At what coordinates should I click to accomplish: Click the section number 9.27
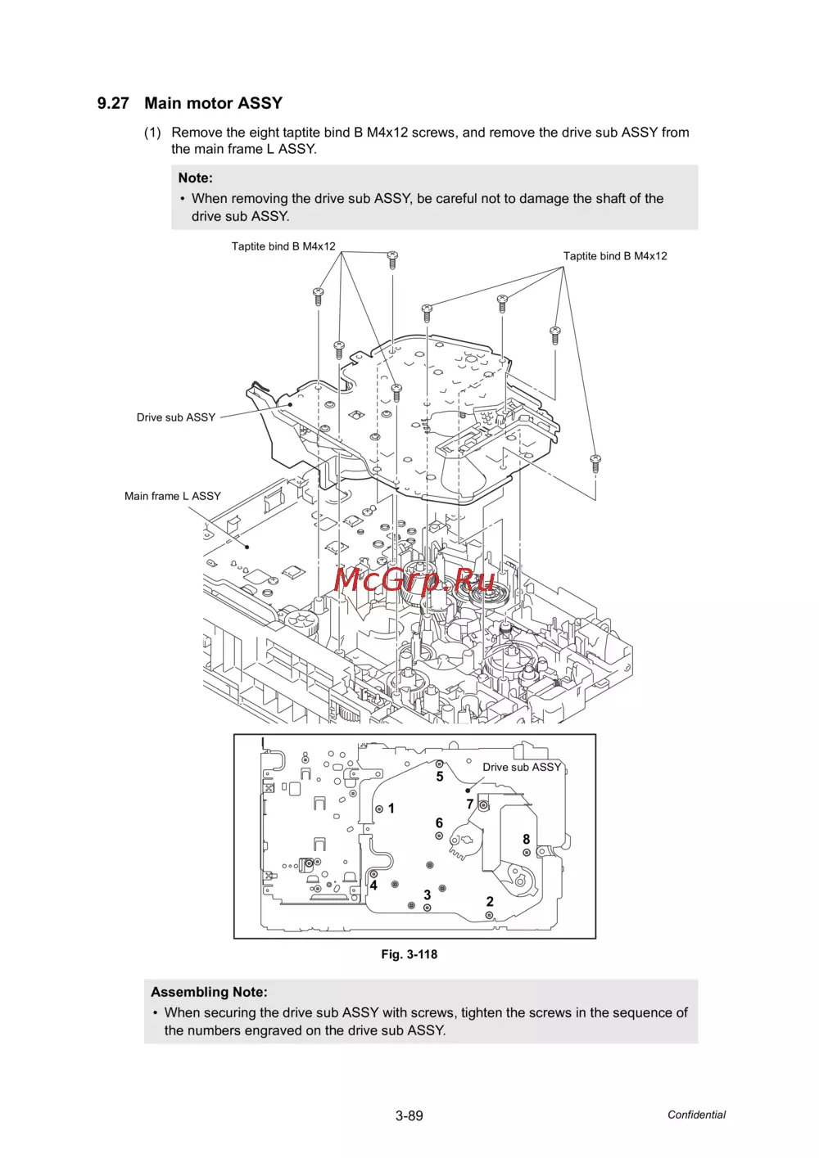tap(113, 103)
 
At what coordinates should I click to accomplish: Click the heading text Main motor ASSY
tap(213, 103)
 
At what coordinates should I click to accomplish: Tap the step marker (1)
tap(152, 133)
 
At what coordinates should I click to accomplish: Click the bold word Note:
tap(195, 178)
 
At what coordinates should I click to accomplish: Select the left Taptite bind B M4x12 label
tap(283, 246)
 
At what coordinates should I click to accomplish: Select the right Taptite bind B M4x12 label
tap(615, 256)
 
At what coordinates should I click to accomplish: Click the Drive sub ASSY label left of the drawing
tap(176, 417)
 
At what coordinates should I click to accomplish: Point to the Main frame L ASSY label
tap(173, 496)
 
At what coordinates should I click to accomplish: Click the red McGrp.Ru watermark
tap(414, 579)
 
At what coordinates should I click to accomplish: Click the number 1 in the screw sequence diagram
tap(391, 809)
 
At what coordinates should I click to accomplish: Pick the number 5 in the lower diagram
tap(440, 777)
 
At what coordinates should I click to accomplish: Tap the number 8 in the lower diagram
tap(527, 840)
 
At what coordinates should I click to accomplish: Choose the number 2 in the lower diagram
tap(490, 902)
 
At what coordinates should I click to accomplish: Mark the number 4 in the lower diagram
tap(373, 885)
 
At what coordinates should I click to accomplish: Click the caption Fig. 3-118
tap(409, 954)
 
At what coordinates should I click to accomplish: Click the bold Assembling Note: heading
tap(209, 992)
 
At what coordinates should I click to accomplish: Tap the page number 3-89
tap(409, 1116)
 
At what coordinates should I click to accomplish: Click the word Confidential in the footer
tap(696, 1115)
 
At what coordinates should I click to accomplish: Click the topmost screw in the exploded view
tap(392, 259)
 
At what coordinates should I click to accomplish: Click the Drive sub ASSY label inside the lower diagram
tap(522, 767)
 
